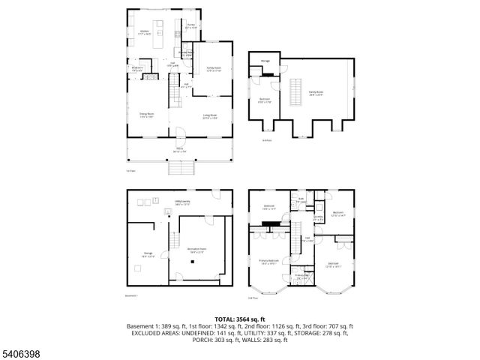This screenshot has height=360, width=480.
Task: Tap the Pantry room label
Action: (x=190, y=26)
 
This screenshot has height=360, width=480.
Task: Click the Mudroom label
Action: (x=137, y=68)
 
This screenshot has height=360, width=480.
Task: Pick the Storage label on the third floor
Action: (x=265, y=62)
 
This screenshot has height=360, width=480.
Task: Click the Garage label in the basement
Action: (x=148, y=255)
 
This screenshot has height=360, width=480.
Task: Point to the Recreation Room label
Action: (x=196, y=250)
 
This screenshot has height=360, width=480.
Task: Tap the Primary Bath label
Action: (x=302, y=276)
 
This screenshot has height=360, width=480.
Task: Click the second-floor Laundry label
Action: (x=319, y=217)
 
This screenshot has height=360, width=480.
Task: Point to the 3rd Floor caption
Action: (x=266, y=140)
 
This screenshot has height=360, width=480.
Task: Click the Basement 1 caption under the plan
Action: (x=132, y=296)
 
